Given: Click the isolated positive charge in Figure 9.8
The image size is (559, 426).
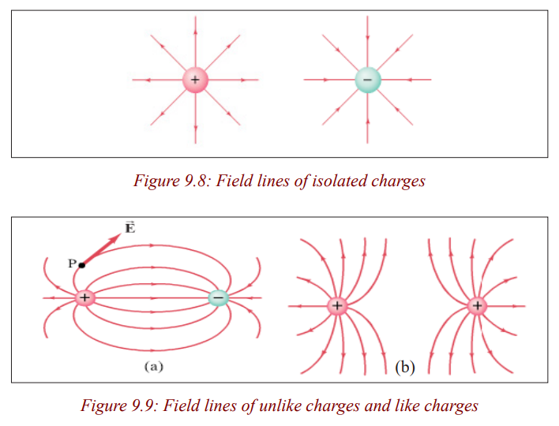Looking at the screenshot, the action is [195, 80].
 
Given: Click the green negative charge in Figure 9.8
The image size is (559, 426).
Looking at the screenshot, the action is [368, 80].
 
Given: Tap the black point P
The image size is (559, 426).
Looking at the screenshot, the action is [82, 265].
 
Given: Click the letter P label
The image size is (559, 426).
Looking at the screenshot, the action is [72, 263].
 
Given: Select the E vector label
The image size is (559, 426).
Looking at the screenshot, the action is [130, 227].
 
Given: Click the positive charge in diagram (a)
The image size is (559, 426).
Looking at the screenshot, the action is [84, 297].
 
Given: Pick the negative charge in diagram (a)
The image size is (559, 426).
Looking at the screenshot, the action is [218, 297].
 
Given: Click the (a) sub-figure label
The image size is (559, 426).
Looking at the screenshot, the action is [154, 366].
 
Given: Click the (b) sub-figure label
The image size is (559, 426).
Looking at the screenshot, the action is [405, 367].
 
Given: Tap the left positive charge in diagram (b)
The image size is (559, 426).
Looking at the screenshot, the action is [337, 305].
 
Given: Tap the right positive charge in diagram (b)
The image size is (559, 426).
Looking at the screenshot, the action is [477, 305].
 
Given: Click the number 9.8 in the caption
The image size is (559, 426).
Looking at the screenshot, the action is [196, 181].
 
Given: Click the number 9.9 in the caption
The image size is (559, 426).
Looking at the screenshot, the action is [143, 405].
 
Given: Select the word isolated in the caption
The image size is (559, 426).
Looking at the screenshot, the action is [339, 181].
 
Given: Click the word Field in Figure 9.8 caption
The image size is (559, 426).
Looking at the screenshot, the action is [232, 181].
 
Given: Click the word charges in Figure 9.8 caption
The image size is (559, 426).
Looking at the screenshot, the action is [398, 181].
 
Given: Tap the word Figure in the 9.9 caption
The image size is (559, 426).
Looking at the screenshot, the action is [103, 406].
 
